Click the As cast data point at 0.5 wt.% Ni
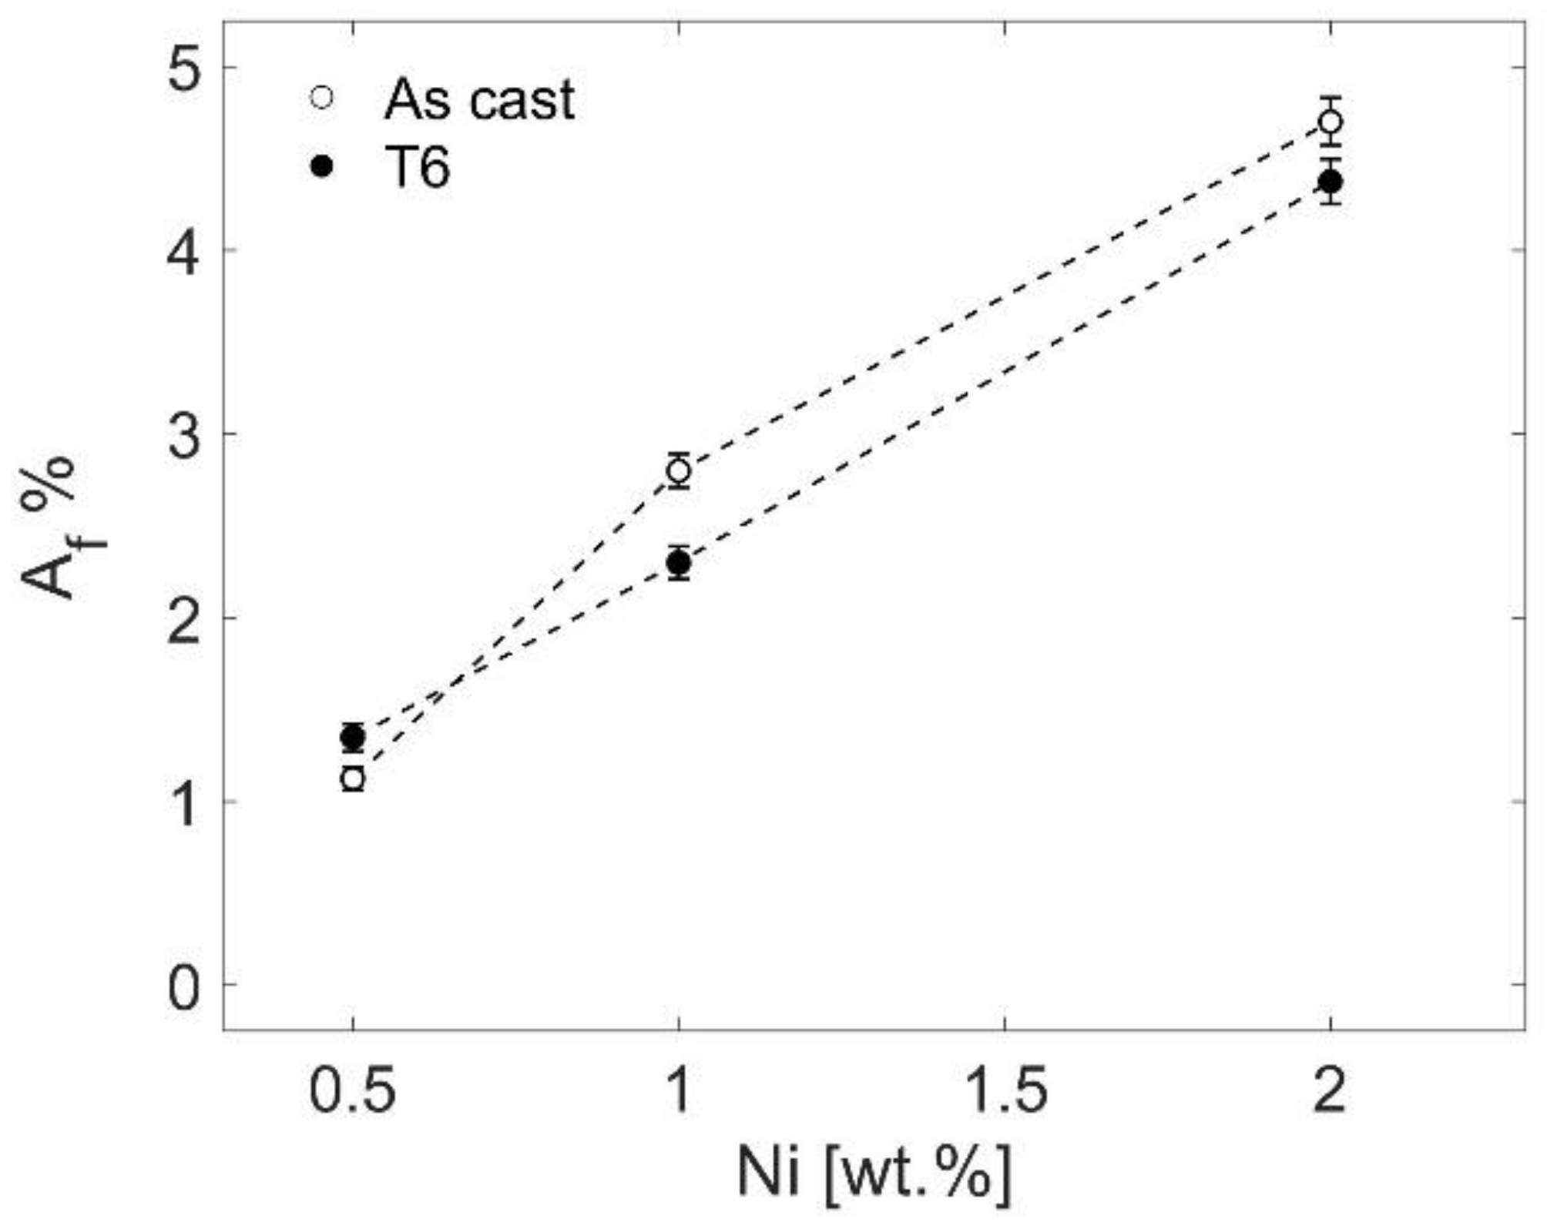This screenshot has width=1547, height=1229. click(x=353, y=779)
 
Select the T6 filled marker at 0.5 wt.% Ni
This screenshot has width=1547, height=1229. click(x=353, y=738)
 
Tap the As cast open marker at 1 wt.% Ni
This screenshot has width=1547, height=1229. click(x=678, y=471)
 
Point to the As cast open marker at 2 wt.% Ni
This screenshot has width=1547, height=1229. click(x=1331, y=122)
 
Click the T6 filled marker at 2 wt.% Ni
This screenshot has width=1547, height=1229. click(x=1331, y=183)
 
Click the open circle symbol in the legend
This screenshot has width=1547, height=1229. click(x=322, y=98)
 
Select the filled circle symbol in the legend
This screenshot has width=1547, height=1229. click(x=322, y=166)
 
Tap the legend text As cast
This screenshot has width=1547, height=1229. click(x=479, y=100)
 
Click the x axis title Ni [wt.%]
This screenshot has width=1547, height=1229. click(x=874, y=1174)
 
